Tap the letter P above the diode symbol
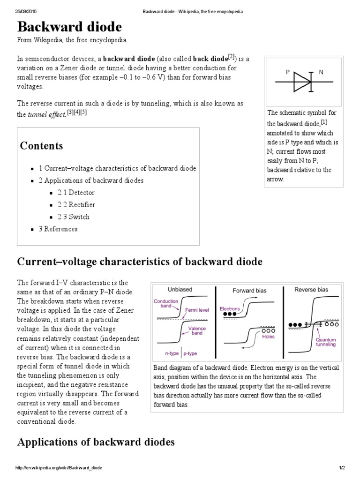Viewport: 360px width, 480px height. pyautogui.click(x=288, y=72)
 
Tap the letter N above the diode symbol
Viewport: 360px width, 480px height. pyautogui.click(x=321, y=72)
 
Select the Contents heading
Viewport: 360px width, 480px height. pyautogui.click(x=41, y=146)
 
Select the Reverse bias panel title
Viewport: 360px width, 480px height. pyautogui.click(x=312, y=290)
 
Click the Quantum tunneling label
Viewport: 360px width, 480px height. pyautogui.click(x=326, y=342)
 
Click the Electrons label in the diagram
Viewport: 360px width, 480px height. pyautogui.click(x=230, y=309)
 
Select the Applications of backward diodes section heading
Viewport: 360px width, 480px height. pyautogui.click(x=96, y=442)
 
